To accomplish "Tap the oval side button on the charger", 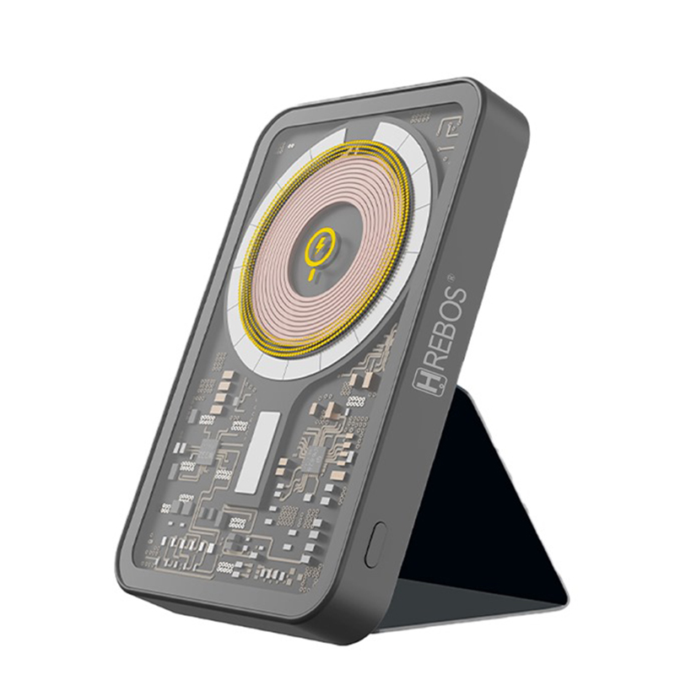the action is [x=374, y=544].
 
